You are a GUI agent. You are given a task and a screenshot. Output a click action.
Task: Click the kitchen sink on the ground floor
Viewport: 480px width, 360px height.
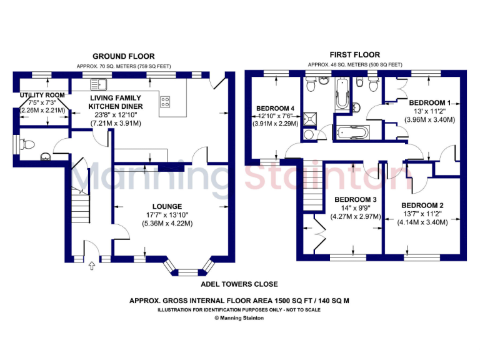tap(98, 83)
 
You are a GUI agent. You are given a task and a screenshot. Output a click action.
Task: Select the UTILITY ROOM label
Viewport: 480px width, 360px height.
tap(37, 95)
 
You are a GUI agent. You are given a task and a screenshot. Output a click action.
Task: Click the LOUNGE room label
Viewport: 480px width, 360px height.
tap(167, 206)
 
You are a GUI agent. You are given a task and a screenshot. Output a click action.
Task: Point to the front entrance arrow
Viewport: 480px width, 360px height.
tap(92, 267)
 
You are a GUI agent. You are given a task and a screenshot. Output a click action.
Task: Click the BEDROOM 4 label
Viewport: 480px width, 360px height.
tap(276, 107)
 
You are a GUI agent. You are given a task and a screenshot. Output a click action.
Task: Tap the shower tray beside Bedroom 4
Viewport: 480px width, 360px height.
tap(309, 119)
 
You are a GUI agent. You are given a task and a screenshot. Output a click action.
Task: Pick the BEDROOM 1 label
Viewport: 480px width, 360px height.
tap(429, 102)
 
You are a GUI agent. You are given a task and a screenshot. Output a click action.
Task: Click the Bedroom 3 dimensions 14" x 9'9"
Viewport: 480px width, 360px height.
tap(355, 209)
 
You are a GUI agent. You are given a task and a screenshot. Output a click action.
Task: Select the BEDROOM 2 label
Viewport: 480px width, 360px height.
tap(422, 206)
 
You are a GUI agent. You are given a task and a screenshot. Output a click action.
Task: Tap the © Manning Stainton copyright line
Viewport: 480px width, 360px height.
tap(239, 318)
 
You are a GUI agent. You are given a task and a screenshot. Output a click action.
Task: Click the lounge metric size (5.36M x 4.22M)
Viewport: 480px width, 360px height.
tap(167, 223)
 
